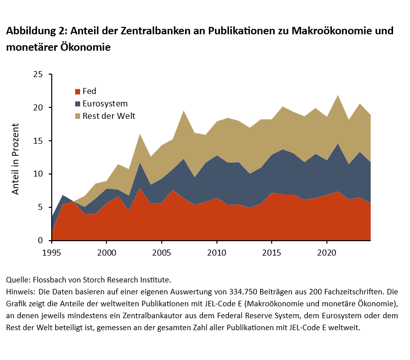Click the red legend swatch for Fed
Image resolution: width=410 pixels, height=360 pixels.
[78, 91]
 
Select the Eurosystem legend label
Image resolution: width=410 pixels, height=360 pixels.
[105, 104]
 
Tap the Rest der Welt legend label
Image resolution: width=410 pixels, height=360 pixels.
[109, 116]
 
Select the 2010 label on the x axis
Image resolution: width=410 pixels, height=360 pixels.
[216, 252]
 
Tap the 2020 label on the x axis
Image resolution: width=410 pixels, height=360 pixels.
[326, 252]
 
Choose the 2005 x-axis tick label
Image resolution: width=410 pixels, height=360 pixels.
[161, 252]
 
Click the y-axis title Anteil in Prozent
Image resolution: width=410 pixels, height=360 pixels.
[16, 158]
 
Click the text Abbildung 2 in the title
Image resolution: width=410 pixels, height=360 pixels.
[35, 31]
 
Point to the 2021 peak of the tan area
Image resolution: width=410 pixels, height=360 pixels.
[337, 95]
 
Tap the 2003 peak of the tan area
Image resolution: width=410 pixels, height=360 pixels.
[140, 134]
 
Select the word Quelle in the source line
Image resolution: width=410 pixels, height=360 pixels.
[17, 280]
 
